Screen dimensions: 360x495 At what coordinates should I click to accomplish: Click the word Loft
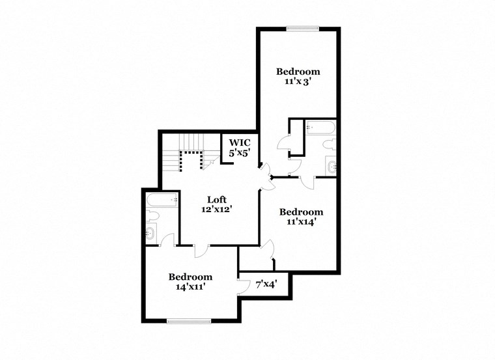[x=217, y=199]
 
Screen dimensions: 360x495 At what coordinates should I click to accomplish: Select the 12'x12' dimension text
[x=217, y=210]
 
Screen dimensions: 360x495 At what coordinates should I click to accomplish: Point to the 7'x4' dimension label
[x=266, y=284]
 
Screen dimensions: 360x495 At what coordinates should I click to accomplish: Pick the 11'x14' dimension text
[x=301, y=222]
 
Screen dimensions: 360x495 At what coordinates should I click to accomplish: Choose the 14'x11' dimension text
[x=190, y=286]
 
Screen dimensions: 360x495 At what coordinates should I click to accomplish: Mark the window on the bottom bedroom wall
[x=188, y=320]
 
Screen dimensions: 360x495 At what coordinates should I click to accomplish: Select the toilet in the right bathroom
[x=328, y=145]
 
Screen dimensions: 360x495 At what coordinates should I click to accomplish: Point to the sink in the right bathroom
[x=332, y=166]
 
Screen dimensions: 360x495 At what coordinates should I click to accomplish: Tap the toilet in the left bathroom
[x=154, y=215]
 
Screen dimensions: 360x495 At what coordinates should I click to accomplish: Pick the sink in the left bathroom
[x=152, y=232]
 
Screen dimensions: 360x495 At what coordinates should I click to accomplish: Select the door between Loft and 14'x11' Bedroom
[x=201, y=250]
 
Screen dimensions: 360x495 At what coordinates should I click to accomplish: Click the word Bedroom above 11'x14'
[x=301, y=212]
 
